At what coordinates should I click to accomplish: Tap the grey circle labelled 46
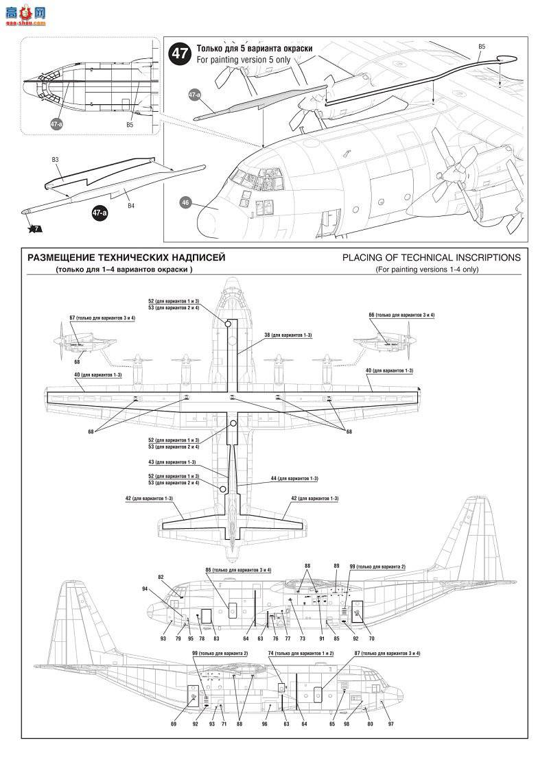(185, 202)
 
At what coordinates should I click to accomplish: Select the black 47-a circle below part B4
(99, 213)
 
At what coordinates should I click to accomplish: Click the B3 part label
(56, 160)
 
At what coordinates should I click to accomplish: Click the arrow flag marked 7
(34, 228)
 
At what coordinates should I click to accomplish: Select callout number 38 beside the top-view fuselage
(268, 335)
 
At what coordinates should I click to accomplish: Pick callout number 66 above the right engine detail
(372, 315)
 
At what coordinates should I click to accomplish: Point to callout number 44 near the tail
(274, 477)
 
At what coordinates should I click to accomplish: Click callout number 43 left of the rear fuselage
(152, 462)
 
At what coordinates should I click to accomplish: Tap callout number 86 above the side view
(209, 570)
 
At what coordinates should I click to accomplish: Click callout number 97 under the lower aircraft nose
(390, 724)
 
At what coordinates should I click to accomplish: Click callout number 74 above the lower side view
(271, 654)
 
